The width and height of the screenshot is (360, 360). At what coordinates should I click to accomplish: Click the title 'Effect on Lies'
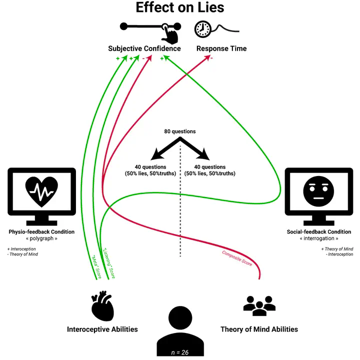pyautogui.click(x=180, y=8)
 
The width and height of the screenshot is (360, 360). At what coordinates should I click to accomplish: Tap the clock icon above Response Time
pyautogui.click(x=202, y=29)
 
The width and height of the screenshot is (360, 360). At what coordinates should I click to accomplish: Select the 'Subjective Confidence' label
pyautogui.click(x=144, y=48)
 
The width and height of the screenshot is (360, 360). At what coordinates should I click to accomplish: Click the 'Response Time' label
pyautogui.click(x=221, y=48)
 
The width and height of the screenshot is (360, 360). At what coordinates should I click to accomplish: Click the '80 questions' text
pyautogui.click(x=180, y=131)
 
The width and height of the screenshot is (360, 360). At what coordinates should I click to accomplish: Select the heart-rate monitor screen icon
pyautogui.click(x=42, y=195)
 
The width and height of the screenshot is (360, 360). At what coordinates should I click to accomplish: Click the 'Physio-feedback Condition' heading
pyautogui.click(x=41, y=232)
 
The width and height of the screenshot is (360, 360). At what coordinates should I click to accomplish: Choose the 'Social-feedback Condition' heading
pyautogui.click(x=320, y=232)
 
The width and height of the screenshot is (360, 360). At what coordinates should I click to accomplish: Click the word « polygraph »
pyautogui.click(x=41, y=239)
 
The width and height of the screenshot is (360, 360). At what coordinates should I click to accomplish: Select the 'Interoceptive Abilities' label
pyautogui.click(x=102, y=329)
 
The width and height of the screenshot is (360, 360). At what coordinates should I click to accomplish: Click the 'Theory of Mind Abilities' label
pyautogui.click(x=259, y=329)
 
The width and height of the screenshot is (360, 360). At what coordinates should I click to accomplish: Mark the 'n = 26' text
pyautogui.click(x=180, y=352)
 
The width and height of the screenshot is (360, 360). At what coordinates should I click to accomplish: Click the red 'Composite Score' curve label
pyautogui.click(x=237, y=258)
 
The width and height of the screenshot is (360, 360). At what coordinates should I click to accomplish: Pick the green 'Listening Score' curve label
pyautogui.click(x=109, y=263)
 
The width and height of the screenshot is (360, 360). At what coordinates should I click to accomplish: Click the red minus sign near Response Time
pyautogui.click(x=211, y=58)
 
